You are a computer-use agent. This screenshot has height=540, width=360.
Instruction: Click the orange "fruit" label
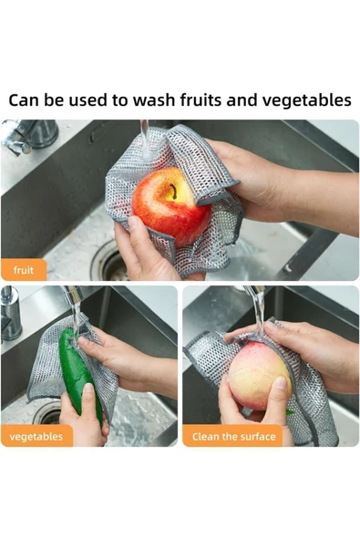pyautogui.click(x=24, y=270)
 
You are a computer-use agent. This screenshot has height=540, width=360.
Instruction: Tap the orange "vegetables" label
pyautogui.click(x=36, y=436)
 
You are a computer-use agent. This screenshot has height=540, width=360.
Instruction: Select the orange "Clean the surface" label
pyautogui.click(x=233, y=436)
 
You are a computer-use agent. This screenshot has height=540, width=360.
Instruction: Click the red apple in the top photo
pyautogui.click(x=170, y=205)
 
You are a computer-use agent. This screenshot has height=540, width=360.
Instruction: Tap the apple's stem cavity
pyautogui.click(x=170, y=191)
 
